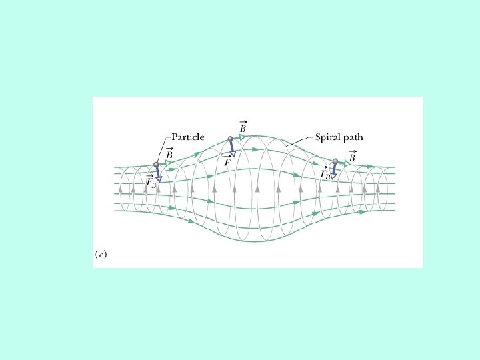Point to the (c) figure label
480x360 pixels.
pyautogui.click(x=100, y=253)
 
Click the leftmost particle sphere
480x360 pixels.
pyautogui.click(x=156, y=165)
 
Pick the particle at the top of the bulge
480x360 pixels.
pyautogui.click(x=230, y=139)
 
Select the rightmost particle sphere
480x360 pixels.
pyautogui.click(x=335, y=161)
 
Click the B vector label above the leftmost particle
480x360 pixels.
pyautogui.click(x=169, y=153)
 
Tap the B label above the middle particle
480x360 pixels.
pyautogui.click(x=244, y=126)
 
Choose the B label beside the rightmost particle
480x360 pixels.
pyautogui.click(x=352, y=157)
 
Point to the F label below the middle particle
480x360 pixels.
pyautogui.click(x=227, y=161)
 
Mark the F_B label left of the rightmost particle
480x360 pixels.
pyautogui.click(x=325, y=173)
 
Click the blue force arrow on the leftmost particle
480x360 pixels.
pyautogui.click(x=157, y=173)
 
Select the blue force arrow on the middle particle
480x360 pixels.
pyautogui.click(x=232, y=148)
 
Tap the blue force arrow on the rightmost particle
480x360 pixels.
pyautogui.click(x=334, y=169)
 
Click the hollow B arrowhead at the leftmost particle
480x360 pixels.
pyautogui.click(x=168, y=162)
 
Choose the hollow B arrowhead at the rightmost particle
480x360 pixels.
pyautogui.click(x=347, y=161)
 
